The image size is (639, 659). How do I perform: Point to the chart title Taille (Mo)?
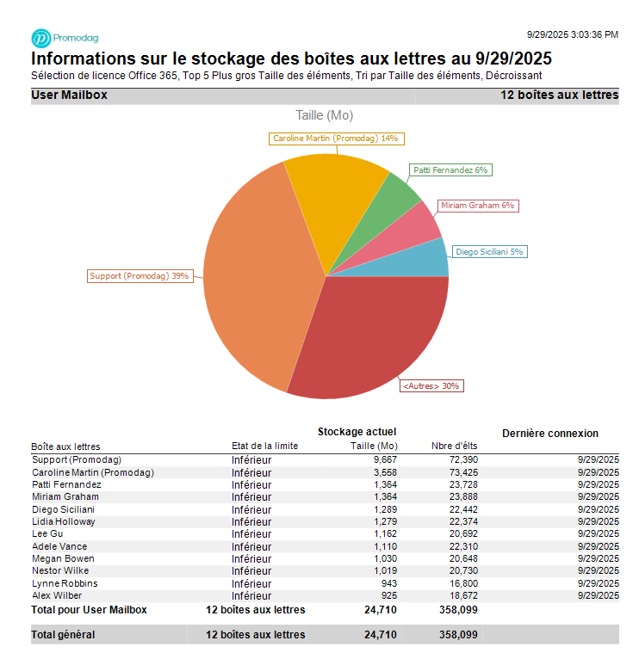pos(324,115)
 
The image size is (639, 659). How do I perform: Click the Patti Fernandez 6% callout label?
pos(450,170)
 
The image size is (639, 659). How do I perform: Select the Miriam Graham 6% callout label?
pos(476,206)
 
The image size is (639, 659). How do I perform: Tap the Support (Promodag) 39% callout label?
pos(140,276)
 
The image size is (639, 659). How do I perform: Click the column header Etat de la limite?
pos(264,446)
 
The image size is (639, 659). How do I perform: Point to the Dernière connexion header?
pos(549,433)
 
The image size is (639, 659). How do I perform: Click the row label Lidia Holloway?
pos(64,521)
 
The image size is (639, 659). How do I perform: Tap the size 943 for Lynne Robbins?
pos(388,583)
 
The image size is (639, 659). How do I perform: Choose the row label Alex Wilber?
pos(57,595)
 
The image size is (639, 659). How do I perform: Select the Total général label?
pos(63,635)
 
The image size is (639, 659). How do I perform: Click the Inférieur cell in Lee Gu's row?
pos(251,534)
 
